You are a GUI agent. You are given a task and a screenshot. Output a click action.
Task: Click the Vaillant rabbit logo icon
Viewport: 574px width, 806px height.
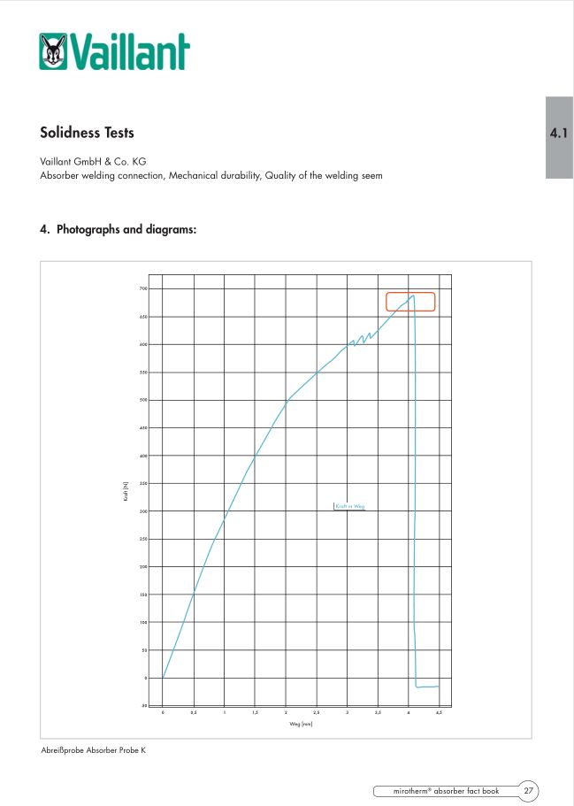(x=54, y=52)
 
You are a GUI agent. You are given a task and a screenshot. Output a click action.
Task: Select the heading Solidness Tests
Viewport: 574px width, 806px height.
(x=88, y=133)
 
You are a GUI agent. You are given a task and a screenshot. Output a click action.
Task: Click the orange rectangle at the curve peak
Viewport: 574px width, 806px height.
(x=410, y=302)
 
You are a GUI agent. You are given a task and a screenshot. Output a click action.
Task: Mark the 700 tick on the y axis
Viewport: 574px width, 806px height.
(x=142, y=288)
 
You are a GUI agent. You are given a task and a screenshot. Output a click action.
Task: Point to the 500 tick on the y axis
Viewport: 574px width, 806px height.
(x=142, y=400)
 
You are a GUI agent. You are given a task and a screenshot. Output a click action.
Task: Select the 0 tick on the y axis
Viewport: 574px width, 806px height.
(x=144, y=678)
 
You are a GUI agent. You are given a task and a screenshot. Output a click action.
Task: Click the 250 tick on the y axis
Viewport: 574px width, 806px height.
(x=142, y=539)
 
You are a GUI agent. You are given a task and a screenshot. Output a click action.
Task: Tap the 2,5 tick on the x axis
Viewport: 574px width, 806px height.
(x=317, y=712)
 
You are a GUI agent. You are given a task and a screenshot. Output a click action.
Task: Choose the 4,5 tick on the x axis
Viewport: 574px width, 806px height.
(x=439, y=712)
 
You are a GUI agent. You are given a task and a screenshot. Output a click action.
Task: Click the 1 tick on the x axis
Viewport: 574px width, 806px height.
(x=225, y=712)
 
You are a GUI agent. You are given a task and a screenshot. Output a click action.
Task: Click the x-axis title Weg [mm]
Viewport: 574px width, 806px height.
(x=302, y=725)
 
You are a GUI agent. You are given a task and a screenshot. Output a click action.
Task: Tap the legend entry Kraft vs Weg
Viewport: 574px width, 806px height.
(x=350, y=507)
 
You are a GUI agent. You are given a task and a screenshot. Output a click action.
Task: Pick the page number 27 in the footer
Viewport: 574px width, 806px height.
(x=527, y=790)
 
